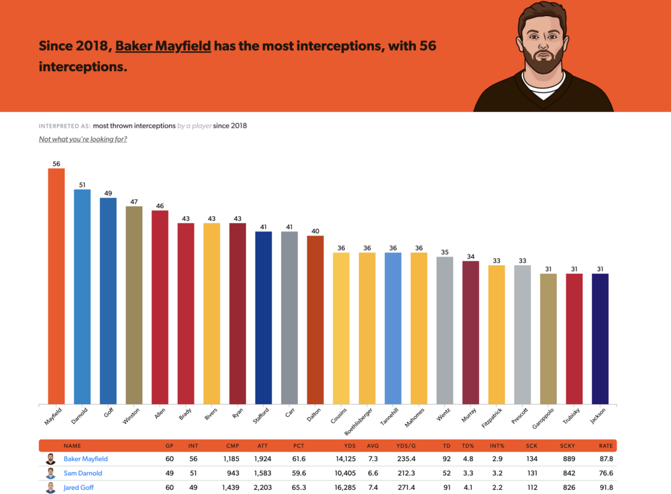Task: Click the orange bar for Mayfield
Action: click(x=56, y=285)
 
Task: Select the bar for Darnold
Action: click(x=82, y=295)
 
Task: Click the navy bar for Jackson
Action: click(x=600, y=338)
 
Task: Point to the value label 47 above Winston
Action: click(x=134, y=201)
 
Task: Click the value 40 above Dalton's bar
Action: click(x=315, y=232)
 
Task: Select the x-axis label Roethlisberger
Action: click(x=362, y=424)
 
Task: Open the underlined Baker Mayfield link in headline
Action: click(x=163, y=46)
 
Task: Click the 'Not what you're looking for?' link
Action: click(x=83, y=140)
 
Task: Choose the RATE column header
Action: click(x=606, y=446)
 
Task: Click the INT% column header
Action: click(x=497, y=446)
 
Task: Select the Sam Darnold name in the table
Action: click(x=84, y=473)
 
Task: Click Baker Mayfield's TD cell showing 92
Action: click(x=446, y=459)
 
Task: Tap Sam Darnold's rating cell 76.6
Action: click(x=606, y=473)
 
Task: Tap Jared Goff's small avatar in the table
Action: click(x=50, y=487)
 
